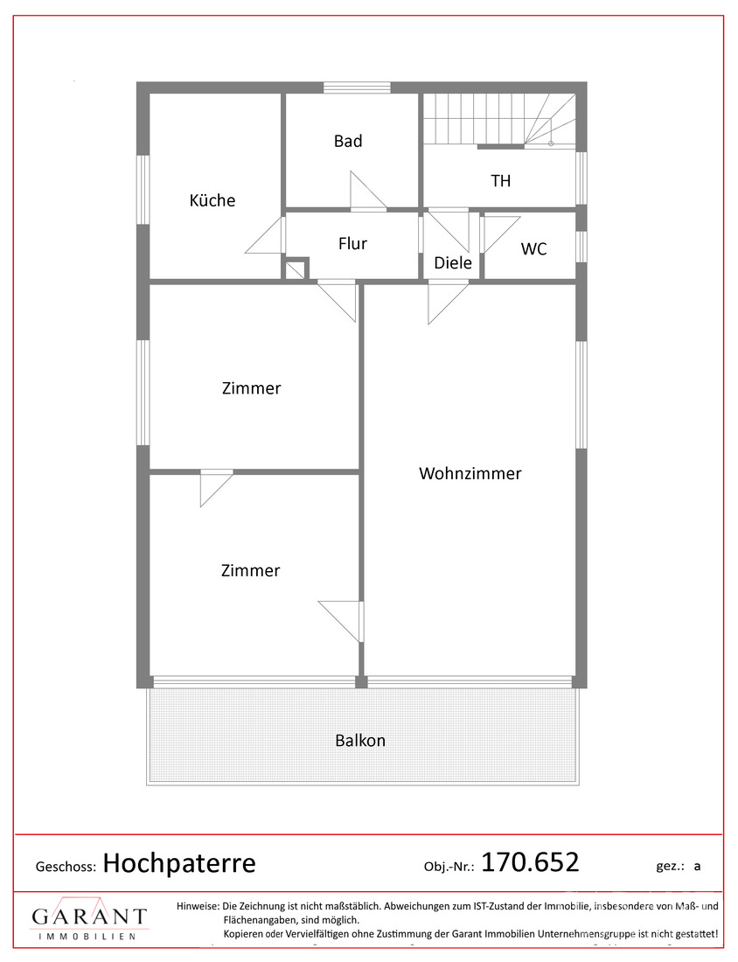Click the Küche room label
[212, 200]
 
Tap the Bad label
[348, 141]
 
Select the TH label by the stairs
[500, 181]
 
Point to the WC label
[533, 249]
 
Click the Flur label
[352, 244]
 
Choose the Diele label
[453, 263]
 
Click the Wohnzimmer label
[470, 474]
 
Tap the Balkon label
[360, 741]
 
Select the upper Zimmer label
[252, 388]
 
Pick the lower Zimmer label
[250, 570]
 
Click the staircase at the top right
[499, 120]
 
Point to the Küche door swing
[265, 235]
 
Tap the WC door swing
[500, 234]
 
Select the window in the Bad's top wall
[357, 87]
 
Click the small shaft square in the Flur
[296, 268]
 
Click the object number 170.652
[530, 862]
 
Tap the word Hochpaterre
[179, 864]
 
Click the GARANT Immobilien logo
[89, 918]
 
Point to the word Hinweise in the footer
[197, 906]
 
